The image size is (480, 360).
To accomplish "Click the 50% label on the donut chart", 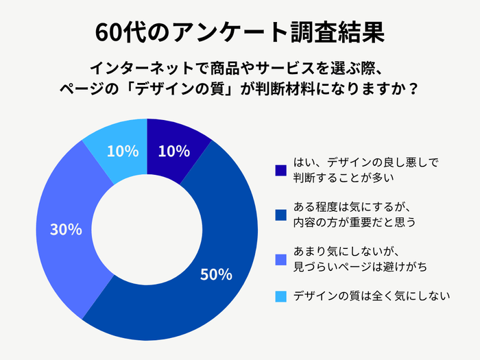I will (x=216, y=275).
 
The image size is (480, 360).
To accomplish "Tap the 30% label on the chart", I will (x=66, y=230).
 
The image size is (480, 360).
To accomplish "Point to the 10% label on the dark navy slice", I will (x=173, y=152).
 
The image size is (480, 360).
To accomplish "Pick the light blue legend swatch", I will (x=280, y=296).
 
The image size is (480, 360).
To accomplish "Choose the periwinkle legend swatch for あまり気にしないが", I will (x=280, y=259).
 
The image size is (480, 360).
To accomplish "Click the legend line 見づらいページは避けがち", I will (x=355, y=267).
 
